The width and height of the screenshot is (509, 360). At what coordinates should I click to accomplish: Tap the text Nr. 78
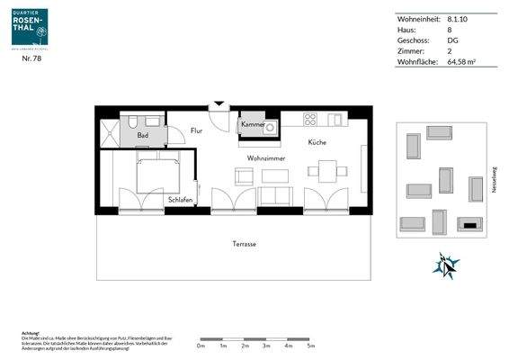tap(31, 58)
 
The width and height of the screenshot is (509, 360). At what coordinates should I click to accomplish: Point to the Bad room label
tap(142, 136)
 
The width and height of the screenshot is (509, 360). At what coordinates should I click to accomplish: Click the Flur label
tap(196, 131)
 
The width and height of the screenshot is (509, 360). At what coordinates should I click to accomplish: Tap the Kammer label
tap(251, 124)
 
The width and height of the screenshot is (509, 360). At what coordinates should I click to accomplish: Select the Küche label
tap(317, 142)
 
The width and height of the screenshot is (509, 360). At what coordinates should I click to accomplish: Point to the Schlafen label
tap(180, 200)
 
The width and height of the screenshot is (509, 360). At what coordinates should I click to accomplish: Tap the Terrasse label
tap(234, 243)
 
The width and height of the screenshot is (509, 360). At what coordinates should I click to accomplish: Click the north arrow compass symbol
tap(447, 265)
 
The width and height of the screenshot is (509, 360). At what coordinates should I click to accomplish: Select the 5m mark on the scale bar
tap(311, 345)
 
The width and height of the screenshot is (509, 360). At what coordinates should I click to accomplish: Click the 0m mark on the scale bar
tap(201, 345)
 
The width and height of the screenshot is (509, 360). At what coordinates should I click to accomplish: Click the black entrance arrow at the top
tap(217, 105)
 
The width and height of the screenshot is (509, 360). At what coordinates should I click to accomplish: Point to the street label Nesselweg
tap(494, 179)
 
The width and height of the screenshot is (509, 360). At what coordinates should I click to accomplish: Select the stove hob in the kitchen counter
tap(309, 120)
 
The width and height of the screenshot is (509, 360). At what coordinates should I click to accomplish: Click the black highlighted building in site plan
tap(469, 222)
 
